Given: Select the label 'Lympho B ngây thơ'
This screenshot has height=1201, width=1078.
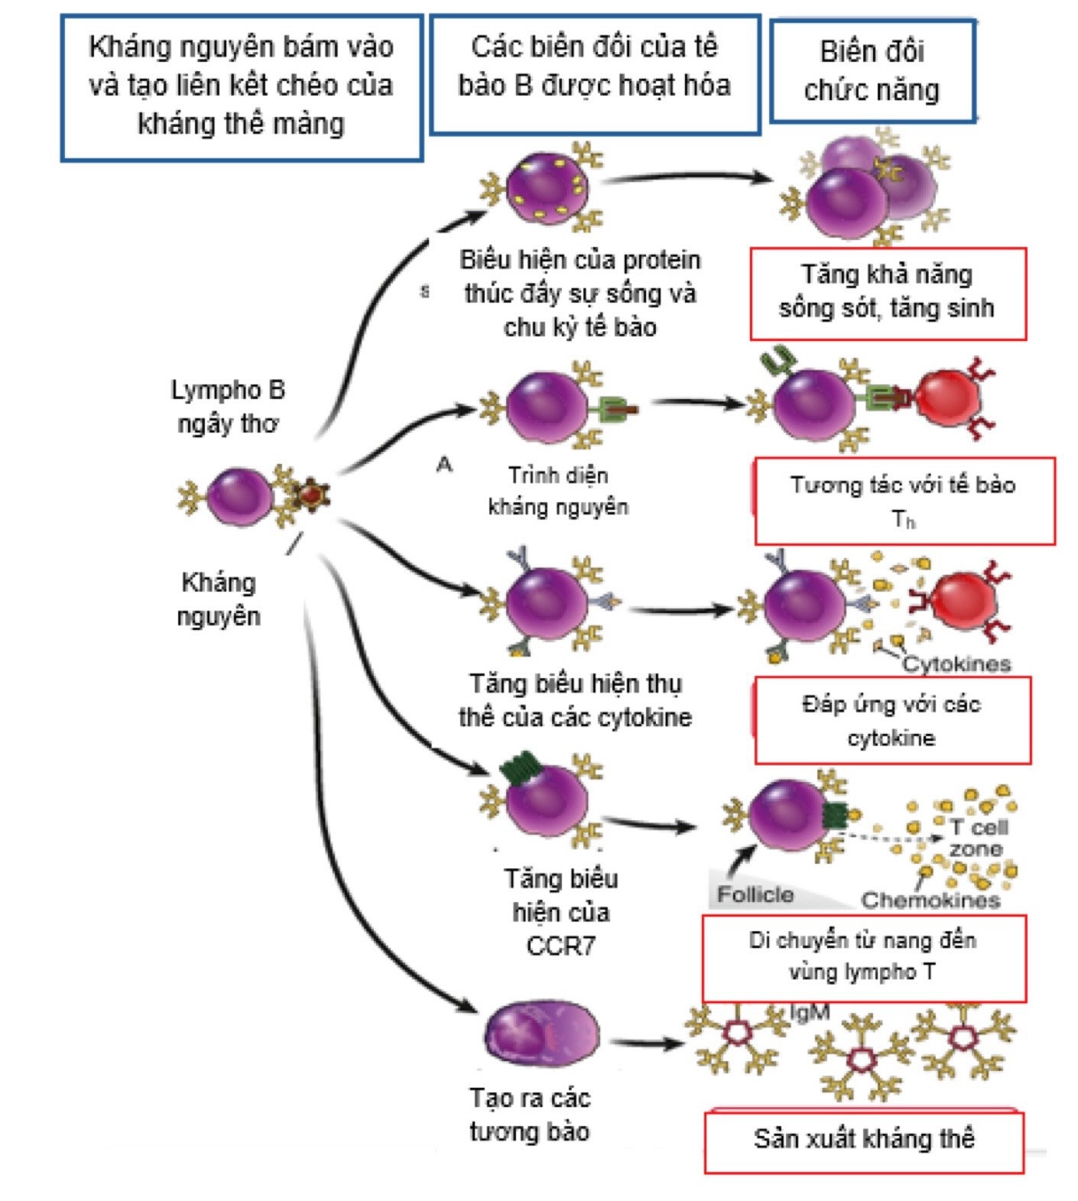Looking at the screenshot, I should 227,406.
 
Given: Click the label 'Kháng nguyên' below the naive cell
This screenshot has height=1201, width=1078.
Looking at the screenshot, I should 219,599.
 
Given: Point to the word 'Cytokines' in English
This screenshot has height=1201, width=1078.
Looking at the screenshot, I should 956,664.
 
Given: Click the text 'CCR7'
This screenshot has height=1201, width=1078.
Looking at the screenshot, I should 560,946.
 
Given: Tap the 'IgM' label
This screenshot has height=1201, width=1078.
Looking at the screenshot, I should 809,1012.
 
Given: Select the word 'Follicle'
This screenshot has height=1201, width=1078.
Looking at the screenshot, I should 755,894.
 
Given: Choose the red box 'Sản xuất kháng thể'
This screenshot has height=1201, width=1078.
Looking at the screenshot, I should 864,1140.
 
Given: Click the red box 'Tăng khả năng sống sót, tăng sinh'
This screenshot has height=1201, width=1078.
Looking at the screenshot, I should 887,292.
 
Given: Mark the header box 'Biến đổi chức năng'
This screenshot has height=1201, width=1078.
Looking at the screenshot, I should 872,71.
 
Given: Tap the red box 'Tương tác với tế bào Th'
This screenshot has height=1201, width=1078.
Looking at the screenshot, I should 904,501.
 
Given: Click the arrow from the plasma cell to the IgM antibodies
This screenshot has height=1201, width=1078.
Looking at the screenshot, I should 647,1043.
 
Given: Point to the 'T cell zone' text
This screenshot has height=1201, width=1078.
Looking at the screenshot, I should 978,838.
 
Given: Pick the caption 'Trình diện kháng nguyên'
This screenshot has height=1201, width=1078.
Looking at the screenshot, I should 558,491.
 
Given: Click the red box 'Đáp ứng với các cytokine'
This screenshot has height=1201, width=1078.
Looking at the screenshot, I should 891,720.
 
